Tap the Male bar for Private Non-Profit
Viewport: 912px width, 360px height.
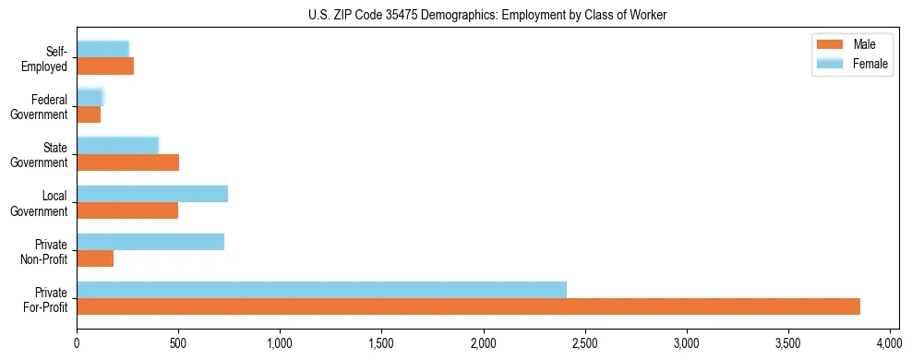(x=95, y=258)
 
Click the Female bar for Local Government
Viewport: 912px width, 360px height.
(x=152, y=194)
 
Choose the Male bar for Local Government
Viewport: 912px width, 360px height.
(x=127, y=210)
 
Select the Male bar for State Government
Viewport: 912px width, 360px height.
(x=127, y=162)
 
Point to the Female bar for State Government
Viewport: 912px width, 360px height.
(x=117, y=146)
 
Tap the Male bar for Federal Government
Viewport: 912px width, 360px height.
(x=89, y=114)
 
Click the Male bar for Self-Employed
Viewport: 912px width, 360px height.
(x=105, y=66)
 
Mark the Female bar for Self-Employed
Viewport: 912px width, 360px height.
(x=102, y=50)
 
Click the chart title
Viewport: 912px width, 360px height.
(x=487, y=16)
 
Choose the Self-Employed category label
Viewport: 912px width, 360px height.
(x=46, y=58)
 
